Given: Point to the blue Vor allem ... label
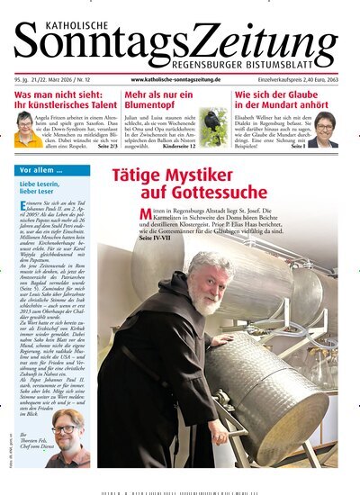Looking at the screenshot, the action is (41, 170).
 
